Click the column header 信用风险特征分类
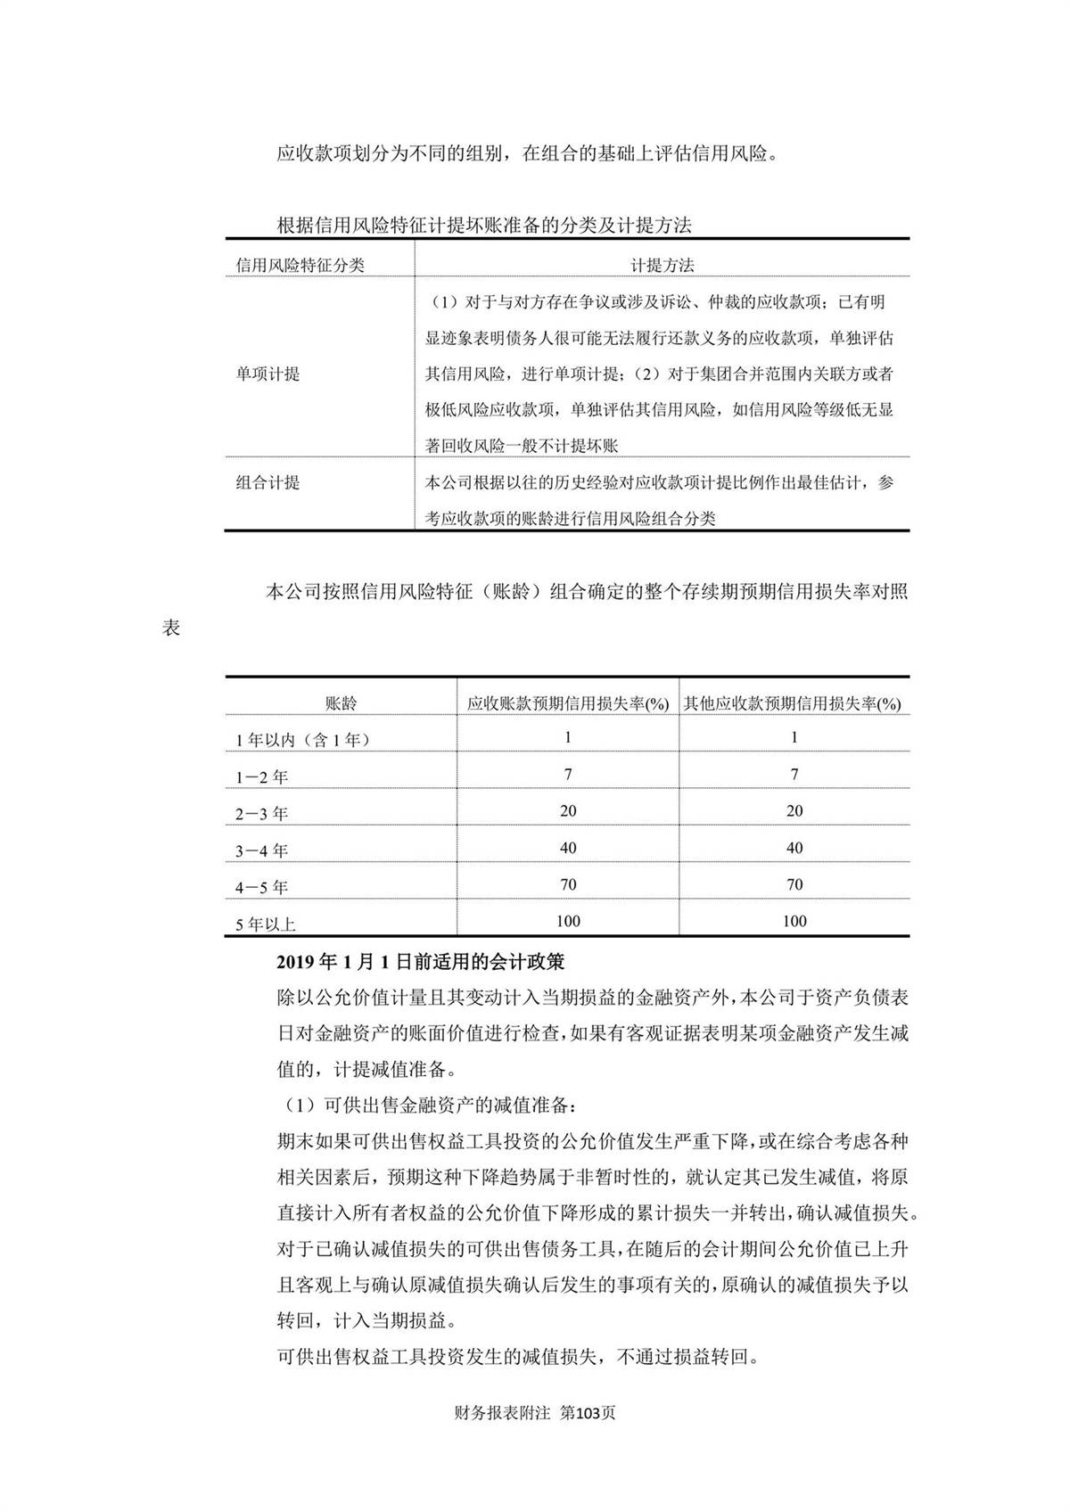point(300,265)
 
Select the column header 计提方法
point(662,265)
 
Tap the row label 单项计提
point(267,374)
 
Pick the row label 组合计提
point(267,483)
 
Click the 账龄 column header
point(341,703)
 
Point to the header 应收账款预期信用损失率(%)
point(568,703)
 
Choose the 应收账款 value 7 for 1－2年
point(568,775)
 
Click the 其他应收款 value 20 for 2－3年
point(794,811)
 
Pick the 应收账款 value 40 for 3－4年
point(568,848)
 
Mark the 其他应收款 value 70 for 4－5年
point(794,884)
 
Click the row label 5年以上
point(265,924)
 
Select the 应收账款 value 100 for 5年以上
point(568,921)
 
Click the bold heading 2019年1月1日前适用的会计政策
point(420,962)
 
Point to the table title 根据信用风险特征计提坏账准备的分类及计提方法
point(484,226)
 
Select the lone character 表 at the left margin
point(171,628)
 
